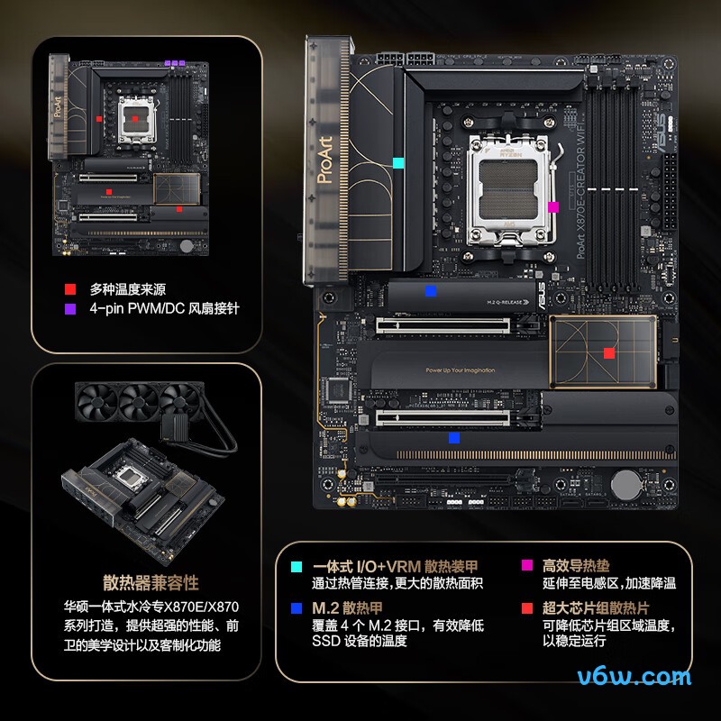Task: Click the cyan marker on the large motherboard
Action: pos(398,164)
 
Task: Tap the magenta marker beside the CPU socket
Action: pos(553,206)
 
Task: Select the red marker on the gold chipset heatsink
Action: pos(609,353)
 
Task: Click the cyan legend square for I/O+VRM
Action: pos(297,566)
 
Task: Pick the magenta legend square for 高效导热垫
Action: pos(527,566)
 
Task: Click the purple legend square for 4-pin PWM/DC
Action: pos(69,308)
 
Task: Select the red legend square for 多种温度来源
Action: pos(69,289)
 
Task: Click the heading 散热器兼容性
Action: pos(151,582)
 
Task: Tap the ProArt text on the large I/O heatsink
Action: pos(325,161)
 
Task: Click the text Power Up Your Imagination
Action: pos(460,370)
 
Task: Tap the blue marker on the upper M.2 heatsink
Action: pos(431,290)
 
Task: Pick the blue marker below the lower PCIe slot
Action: pos(454,438)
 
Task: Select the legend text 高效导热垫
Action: pos(576,566)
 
